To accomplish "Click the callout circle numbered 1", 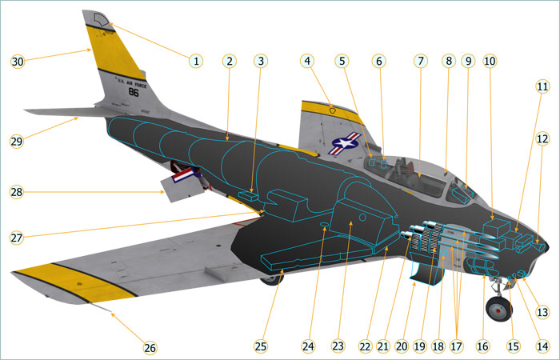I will [x=194, y=60].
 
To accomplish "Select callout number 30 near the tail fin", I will [x=18, y=61].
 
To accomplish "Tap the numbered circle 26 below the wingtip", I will [x=150, y=347].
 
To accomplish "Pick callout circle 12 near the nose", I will [x=542, y=139].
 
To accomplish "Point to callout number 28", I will [x=18, y=192].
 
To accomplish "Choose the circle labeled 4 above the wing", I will [x=309, y=61].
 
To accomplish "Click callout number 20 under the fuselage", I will [x=402, y=346].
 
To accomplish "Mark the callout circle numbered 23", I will [x=338, y=346].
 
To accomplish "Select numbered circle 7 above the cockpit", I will [x=421, y=61].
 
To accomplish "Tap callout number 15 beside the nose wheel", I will [x=514, y=346].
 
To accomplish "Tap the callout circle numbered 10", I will [x=490, y=61].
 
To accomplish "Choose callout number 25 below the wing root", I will [x=260, y=346].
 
